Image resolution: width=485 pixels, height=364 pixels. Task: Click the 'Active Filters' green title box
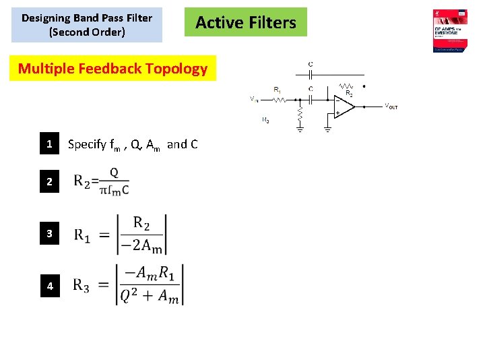(x=245, y=22)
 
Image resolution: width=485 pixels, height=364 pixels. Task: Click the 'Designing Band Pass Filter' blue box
(x=87, y=25)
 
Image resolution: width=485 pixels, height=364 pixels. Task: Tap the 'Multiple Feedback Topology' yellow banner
(x=112, y=68)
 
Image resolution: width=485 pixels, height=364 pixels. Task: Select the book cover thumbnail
(x=451, y=31)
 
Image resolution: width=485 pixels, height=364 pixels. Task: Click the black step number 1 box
(x=49, y=144)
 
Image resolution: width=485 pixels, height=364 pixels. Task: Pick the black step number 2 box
(x=49, y=182)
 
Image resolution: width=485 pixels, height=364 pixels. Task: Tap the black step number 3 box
(x=49, y=234)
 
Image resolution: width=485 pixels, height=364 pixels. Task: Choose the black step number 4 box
(x=49, y=286)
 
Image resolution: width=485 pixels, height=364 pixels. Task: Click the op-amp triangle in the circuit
(x=344, y=106)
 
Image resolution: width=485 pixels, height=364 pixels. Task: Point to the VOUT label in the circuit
(x=391, y=107)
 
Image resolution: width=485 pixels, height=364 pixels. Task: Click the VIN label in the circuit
(x=254, y=99)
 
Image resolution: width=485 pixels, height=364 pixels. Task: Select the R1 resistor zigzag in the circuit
(x=279, y=99)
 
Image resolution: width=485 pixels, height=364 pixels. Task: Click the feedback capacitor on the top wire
(x=310, y=75)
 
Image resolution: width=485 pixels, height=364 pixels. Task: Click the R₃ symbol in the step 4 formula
(x=81, y=286)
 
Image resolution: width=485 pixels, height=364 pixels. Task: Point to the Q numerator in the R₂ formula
(x=114, y=173)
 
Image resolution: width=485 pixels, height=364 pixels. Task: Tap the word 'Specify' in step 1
(x=87, y=144)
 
